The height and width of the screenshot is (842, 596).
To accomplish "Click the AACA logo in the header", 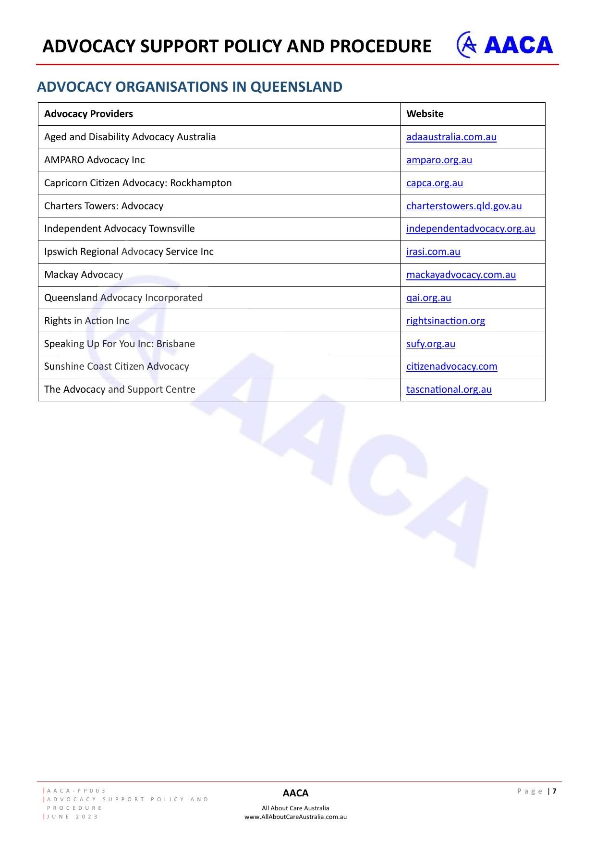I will [504, 45].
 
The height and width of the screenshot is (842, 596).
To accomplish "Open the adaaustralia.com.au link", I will [451, 137].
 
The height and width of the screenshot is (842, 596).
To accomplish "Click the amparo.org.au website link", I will [439, 160].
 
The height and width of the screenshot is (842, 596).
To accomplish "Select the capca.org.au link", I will [435, 183].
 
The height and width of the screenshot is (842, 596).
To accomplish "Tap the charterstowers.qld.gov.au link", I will [463, 206].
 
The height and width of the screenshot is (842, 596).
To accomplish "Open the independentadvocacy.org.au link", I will [470, 229].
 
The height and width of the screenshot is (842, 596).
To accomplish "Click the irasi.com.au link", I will [433, 252].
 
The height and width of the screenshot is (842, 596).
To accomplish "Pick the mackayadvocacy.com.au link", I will [461, 275].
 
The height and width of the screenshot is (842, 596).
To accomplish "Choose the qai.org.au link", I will [428, 298].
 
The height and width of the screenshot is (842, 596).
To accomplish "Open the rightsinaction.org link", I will [445, 321].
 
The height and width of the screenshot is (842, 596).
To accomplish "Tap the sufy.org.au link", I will [430, 344].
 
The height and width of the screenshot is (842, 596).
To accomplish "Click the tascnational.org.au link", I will [449, 389].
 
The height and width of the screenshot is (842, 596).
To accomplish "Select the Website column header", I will [425, 114].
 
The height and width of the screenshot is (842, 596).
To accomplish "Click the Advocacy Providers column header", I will [88, 114].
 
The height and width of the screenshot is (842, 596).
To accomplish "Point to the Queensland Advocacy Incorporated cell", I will [123, 298].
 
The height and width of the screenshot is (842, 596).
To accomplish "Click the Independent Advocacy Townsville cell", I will [119, 229].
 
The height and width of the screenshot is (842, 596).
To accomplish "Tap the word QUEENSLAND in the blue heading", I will [296, 87].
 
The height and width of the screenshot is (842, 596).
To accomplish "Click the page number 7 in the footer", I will [555, 791].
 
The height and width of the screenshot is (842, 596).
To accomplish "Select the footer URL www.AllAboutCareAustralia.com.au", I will [295, 817].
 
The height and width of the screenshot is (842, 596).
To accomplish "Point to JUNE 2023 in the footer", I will [73, 817].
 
